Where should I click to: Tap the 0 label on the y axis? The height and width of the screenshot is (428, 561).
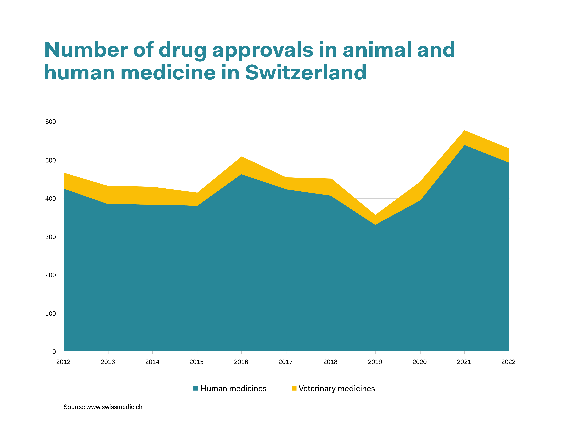54,352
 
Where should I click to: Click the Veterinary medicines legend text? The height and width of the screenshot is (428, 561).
337,389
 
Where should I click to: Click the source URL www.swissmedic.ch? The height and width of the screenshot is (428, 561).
114,407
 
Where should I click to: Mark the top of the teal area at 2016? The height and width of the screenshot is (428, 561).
241,175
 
